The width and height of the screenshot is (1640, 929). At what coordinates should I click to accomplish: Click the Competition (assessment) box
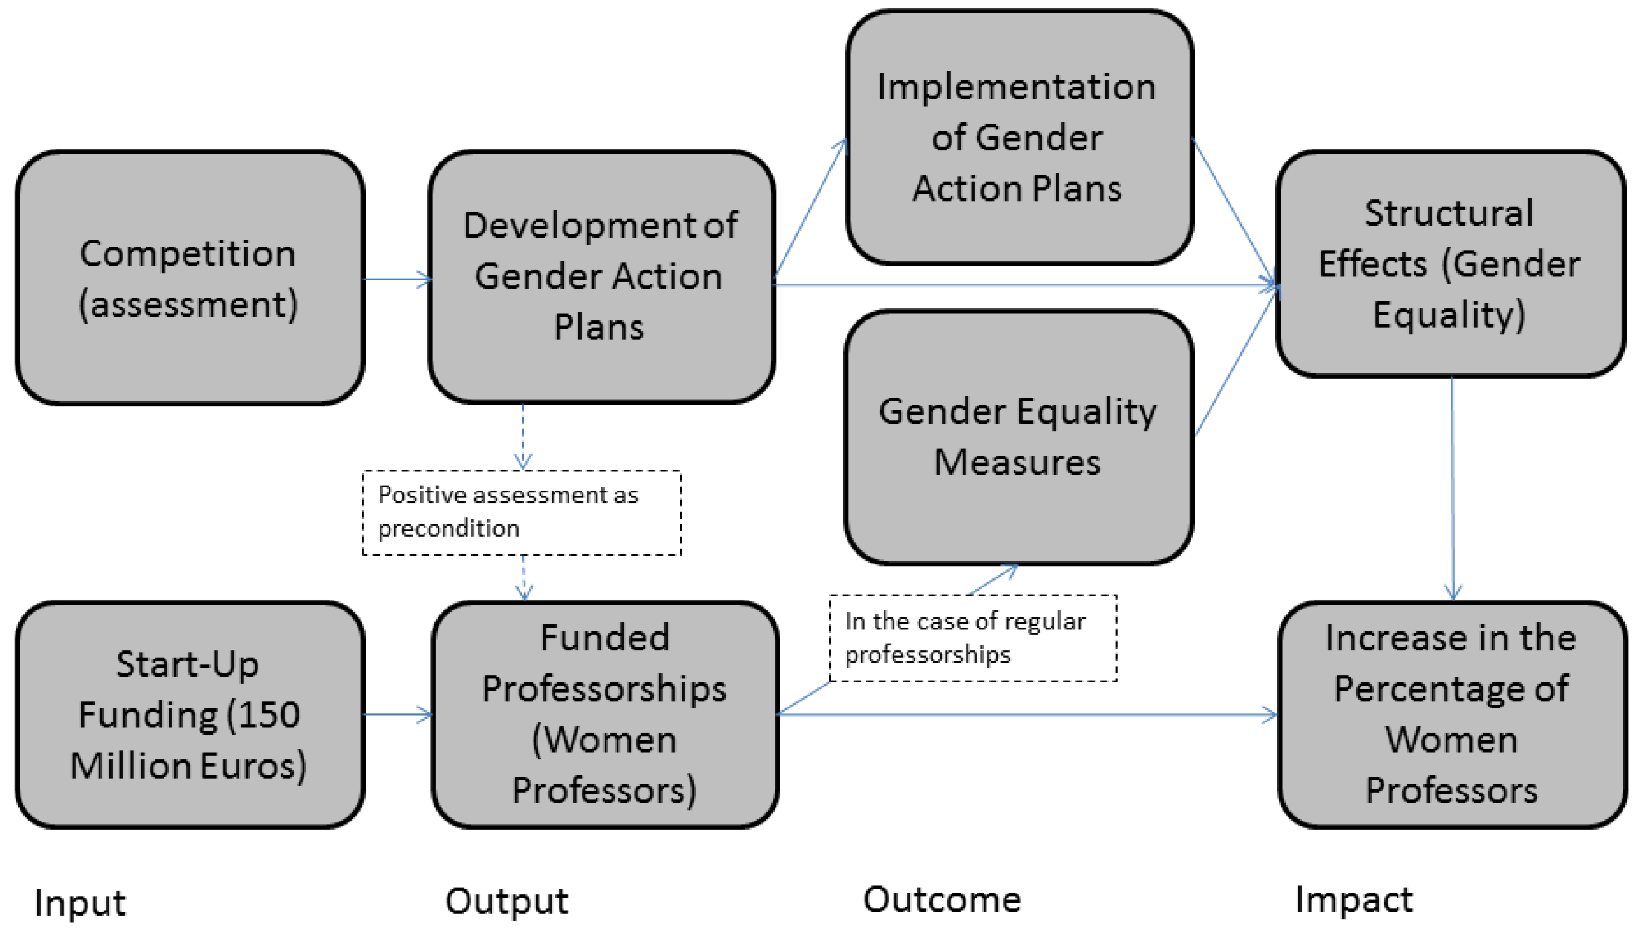click(189, 277)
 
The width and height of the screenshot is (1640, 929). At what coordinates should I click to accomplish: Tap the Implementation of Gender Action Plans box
click(1019, 137)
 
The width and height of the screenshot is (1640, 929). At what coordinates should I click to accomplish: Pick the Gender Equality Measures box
click(1019, 437)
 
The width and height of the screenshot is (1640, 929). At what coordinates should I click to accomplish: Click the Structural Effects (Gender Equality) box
click(1450, 264)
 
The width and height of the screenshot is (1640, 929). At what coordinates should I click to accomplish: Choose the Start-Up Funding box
click(189, 715)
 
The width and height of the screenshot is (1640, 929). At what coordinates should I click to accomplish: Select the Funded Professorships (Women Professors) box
click(605, 715)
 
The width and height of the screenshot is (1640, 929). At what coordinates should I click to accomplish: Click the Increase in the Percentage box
click(1452, 715)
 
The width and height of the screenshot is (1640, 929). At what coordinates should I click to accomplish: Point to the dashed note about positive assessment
click(521, 512)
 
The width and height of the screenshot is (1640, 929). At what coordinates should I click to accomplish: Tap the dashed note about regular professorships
click(972, 638)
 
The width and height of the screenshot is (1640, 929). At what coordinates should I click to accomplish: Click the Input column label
click(80, 902)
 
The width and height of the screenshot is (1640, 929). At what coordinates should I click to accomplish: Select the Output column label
click(506, 901)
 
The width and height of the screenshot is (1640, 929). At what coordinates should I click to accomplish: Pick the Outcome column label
click(942, 899)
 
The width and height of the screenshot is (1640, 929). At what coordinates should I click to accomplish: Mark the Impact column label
click(1354, 899)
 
